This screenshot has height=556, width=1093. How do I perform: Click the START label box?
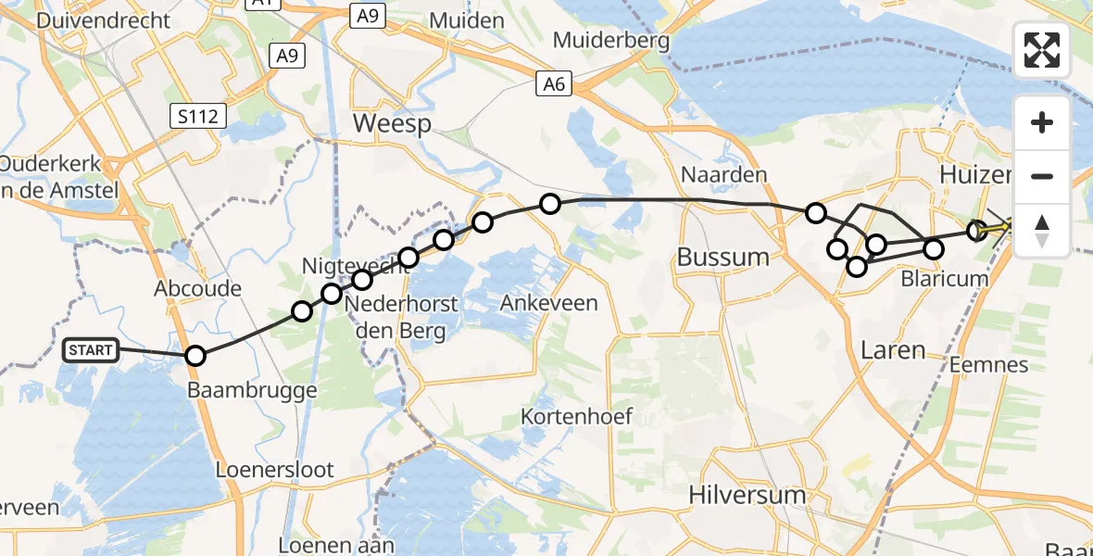(x=91, y=350)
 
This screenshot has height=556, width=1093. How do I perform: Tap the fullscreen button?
(x=1042, y=50)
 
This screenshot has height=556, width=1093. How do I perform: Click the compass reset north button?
(x=1042, y=231)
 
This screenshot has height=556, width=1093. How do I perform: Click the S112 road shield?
(x=199, y=116)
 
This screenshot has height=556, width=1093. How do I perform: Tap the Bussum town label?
(x=723, y=257)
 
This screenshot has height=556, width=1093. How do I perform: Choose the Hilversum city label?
(x=748, y=495)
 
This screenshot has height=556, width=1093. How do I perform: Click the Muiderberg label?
(x=611, y=40)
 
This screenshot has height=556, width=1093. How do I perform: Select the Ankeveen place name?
(x=549, y=302)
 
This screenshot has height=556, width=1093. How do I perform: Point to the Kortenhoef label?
(x=577, y=416)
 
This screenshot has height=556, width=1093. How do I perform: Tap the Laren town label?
(x=893, y=350)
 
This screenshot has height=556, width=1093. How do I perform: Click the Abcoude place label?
(x=198, y=288)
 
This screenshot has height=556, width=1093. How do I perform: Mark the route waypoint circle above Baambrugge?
(x=195, y=356)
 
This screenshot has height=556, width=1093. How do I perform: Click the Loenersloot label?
(x=274, y=470)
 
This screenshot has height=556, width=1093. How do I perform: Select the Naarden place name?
(x=724, y=174)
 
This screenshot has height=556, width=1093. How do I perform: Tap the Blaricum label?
(x=944, y=279)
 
